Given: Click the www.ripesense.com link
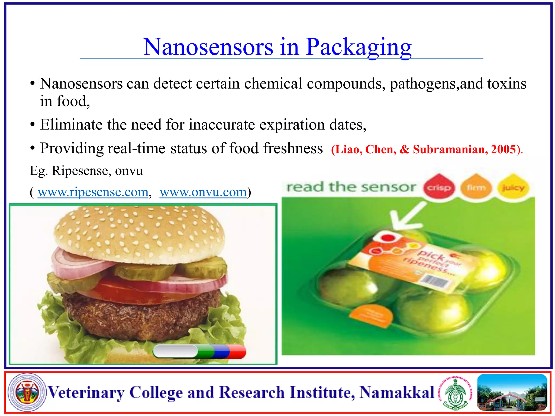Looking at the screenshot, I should [93, 192].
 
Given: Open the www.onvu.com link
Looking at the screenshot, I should [203, 192].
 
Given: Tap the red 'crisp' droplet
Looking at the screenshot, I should [439, 187].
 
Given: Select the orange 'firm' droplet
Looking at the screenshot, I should [476, 187].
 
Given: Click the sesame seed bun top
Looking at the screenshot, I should [140, 230].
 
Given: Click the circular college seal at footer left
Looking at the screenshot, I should [27, 392].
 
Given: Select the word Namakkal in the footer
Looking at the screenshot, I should [397, 392].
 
